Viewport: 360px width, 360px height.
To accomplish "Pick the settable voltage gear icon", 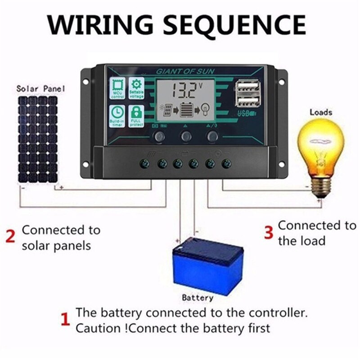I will (136, 88).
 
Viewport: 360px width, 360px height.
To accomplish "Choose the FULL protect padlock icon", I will (136, 115).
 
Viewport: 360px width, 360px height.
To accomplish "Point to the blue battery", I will (208, 265).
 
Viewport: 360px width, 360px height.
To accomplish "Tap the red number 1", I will (65, 320).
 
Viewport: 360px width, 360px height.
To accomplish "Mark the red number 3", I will (268, 232).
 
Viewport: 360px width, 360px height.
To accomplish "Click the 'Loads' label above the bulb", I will (321, 112).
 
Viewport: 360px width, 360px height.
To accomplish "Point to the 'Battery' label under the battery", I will (198, 297).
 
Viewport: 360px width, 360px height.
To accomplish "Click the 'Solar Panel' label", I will (40, 88).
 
